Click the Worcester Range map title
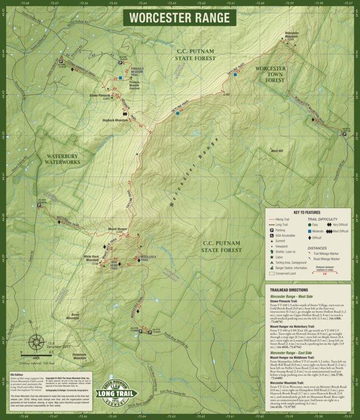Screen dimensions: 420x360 click(x=179, y=17)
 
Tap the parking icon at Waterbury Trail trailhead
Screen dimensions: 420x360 click(x=39, y=205)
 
